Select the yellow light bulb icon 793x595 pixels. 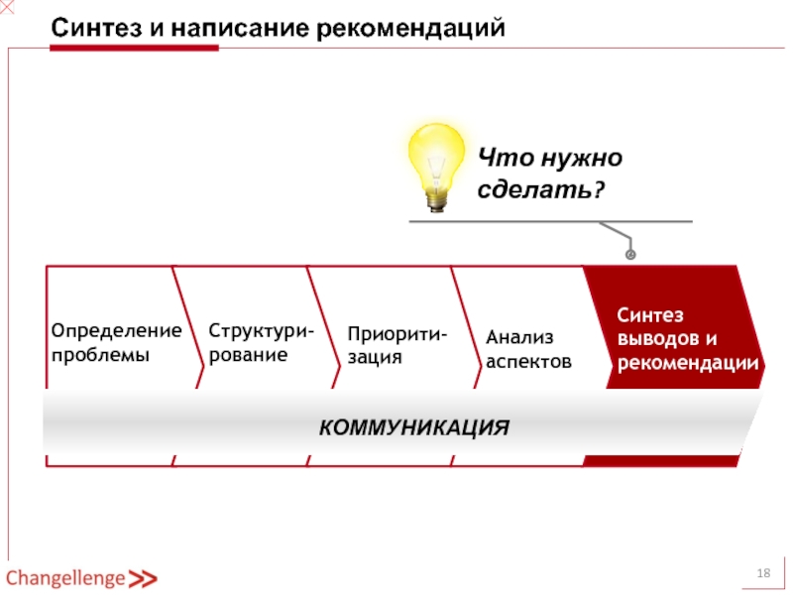click(437, 159)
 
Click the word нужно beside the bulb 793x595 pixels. click(583, 158)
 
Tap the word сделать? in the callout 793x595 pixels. click(539, 189)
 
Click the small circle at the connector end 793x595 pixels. click(629, 256)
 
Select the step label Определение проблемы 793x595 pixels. click(116, 342)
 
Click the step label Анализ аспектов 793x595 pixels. click(528, 350)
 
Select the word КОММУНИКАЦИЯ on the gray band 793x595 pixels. click(413, 428)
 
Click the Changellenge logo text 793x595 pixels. click(65, 578)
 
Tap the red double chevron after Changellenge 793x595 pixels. click(144, 579)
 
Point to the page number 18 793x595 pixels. click(764, 575)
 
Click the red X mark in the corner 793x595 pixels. click(7, 7)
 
